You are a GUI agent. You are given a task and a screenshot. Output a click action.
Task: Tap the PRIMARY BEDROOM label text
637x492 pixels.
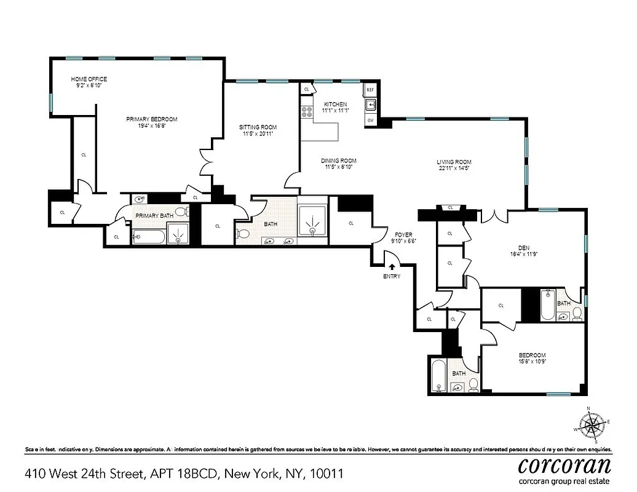click(x=152, y=119)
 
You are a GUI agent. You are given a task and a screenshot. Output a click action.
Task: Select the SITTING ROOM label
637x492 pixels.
click(x=258, y=127)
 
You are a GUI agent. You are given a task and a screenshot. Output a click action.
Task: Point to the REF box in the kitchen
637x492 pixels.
click(x=370, y=90)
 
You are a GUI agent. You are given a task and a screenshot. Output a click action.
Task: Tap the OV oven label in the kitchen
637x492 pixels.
click(x=370, y=120)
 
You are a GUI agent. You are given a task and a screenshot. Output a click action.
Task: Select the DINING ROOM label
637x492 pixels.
click(x=339, y=161)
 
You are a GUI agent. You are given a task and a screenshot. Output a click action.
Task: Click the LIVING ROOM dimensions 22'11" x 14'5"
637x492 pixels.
click(x=455, y=169)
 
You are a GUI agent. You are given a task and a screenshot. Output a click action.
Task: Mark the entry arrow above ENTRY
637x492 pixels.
click(x=392, y=266)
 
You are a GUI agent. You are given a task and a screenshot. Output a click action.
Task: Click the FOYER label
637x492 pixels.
click(x=403, y=234)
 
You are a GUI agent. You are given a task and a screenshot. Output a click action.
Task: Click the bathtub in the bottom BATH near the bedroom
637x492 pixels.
click(x=438, y=376)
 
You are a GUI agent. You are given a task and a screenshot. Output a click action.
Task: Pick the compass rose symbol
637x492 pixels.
click(x=592, y=424)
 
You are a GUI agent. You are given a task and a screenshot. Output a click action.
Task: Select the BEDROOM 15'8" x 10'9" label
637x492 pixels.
click(x=532, y=359)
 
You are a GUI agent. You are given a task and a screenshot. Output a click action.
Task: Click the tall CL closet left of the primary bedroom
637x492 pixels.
click(x=84, y=155)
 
